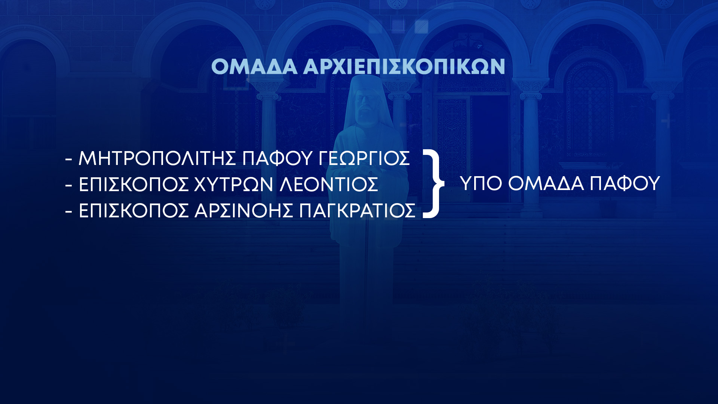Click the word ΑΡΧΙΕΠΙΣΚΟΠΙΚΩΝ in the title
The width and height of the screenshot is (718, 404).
pos(404,67)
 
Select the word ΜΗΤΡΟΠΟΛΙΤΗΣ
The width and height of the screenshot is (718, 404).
pos(157,158)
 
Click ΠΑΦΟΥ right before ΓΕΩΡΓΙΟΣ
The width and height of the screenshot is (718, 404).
pos(277,158)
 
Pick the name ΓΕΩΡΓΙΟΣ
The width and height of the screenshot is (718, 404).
pos(364,158)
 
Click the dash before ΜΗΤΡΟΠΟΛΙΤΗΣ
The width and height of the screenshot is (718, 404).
pos(68,159)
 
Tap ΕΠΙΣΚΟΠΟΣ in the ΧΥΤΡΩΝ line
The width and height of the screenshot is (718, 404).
pos(134,184)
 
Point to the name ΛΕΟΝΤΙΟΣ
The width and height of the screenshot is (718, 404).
pos(329,184)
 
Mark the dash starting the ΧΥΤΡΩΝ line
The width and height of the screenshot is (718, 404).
pos(68,185)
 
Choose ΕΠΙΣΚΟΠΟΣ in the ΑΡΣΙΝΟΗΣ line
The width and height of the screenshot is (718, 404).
pos(134,211)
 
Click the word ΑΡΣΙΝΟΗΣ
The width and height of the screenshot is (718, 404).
pos(243,211)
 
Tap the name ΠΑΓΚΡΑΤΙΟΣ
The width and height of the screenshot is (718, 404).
pos(357,211)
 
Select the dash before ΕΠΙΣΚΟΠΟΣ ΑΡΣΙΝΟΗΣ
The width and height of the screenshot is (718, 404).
pos(68,211)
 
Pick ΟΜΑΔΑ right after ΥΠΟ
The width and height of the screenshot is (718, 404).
pos(546,183)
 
